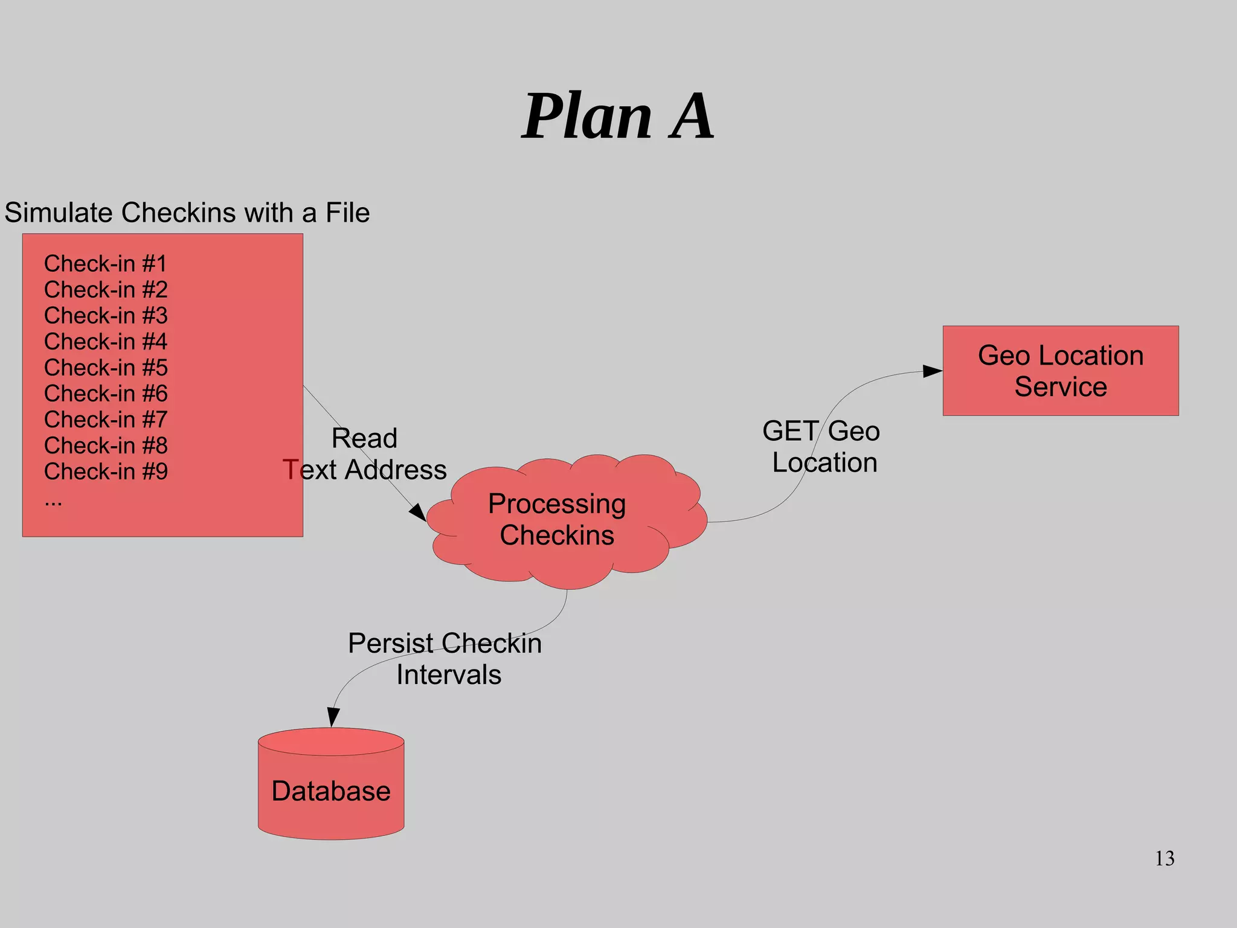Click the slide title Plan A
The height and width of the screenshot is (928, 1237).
click(x=617, y=116)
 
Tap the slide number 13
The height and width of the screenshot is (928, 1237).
click(x=1165, y=858)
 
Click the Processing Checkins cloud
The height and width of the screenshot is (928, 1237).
click(x=557, y=520)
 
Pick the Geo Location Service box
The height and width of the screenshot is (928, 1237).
click(x=1061, y=371)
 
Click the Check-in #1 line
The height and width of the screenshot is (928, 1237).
click(x=105, y=264)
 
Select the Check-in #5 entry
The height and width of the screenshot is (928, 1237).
click(x=106, y=368)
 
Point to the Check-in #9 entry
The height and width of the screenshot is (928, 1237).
click(x=106, y=472)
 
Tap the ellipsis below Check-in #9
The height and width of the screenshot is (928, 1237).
click(x=53, y=501)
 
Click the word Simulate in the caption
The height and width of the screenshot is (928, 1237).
click(x=60, y=213)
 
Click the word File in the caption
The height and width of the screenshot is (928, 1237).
click(x=347, y=213)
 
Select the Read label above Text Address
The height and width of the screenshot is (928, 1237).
click(x=364, y=438)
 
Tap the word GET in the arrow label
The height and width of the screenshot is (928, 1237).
click(x=790, y=431)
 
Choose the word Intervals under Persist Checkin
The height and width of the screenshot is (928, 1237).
click(x=449, y=674)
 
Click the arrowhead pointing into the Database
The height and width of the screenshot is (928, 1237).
click(x=333, y=717)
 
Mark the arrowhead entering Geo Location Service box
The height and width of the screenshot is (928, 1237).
click(x=932, y=371)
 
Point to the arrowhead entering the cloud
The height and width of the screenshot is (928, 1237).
click(x=418, y=513)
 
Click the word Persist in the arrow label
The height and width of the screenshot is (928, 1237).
click(x=390, y=643)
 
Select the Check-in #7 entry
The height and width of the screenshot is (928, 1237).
click(x=106, y=420)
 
